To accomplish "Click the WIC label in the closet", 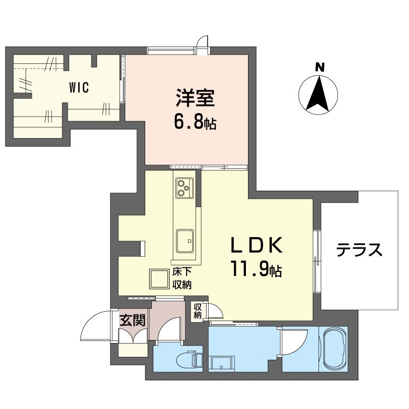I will point(79,87).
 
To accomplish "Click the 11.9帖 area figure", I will point(256,269).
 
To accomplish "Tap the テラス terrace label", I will point(359,250).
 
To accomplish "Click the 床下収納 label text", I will point(181,279).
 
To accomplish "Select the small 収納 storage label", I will point(198,311).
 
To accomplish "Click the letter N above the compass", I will point(320,67).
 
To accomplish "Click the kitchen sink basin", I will point(185,240).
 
